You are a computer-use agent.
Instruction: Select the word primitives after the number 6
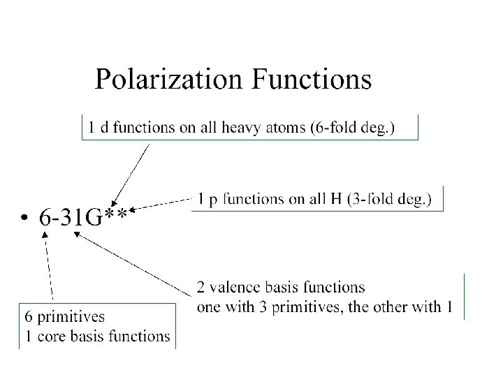click(75, 317)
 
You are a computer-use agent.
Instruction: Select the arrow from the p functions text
click(163, 204)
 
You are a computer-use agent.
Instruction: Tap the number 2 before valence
click(201, 287)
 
